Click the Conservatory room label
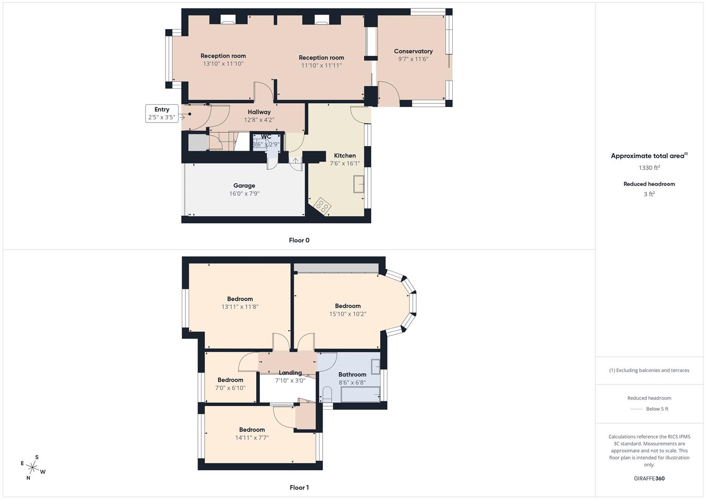[x=413, y=51]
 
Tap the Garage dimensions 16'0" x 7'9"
[x=244, y=194]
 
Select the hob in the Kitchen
[x=322, y=206]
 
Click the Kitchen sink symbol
[x=359, y=184]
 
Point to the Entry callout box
[x=161, y=113]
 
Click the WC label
[x=266, y=137]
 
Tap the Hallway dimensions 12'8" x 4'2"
[x=259, y=120]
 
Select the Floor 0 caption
[x=299, y=240]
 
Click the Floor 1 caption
[x=299, y=487]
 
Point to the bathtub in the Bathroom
[x=360, y=395]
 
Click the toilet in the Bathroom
[x=327, y=395]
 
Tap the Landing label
[x=290, y=373]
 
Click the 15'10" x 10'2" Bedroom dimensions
[x=348, y=314]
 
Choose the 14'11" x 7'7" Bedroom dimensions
[x=252, y=438]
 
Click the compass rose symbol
[x=33, y=467]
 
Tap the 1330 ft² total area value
[x=649, y=168]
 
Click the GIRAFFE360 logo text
[x=649, y=478]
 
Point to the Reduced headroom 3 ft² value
[x=649, y=194]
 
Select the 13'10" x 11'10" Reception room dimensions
[x=223, y=64]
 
